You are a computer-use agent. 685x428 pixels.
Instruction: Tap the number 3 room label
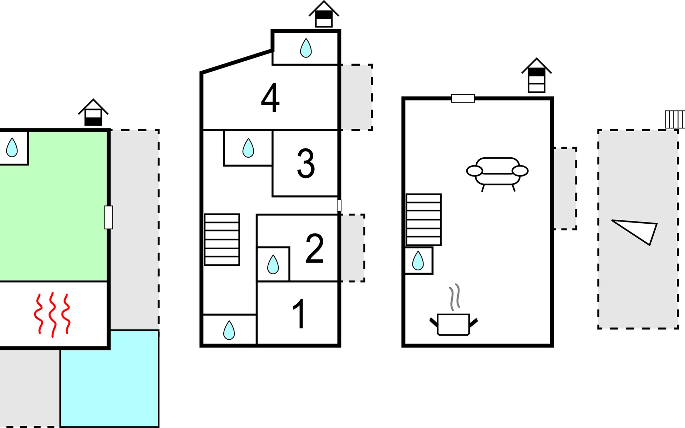(306, 163)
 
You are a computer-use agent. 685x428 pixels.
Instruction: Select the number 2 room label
(314, 248)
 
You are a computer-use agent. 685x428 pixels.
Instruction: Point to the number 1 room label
(299, 314)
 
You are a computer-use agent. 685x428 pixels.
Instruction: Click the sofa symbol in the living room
(497, 173)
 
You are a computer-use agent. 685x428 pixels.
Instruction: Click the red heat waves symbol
(52, 314)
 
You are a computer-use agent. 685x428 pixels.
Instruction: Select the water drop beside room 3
(248, 148)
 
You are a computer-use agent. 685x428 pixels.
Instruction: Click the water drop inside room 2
(273, 264)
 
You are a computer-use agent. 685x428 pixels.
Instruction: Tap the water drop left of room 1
(229, 330)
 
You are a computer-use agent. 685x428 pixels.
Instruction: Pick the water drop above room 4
(306, 48)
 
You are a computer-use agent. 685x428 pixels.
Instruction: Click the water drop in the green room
(12, 147)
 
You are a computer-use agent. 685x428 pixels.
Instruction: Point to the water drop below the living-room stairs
(418, 260)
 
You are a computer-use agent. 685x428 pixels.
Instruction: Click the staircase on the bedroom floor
(222, 240)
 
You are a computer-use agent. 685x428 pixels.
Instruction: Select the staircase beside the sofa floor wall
(423, 220)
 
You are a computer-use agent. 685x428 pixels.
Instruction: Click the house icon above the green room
(93, 113)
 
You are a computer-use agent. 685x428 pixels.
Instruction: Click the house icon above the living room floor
(536, 76)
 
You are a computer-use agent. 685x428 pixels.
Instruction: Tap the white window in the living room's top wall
(463, 98)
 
